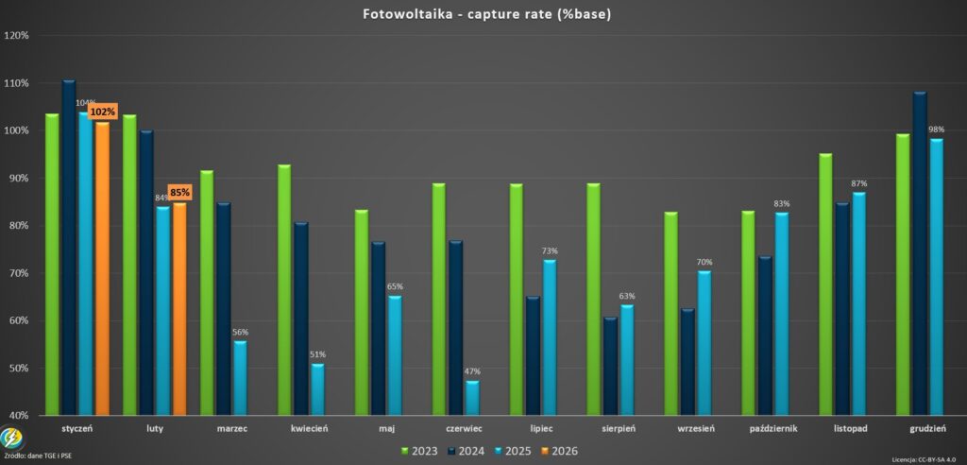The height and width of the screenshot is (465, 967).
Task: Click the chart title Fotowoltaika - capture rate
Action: click(x=483, y=14)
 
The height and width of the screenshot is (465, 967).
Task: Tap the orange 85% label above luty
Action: click(x=179, y=192)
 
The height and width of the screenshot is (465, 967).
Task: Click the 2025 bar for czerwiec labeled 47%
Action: click(x=471, y=398)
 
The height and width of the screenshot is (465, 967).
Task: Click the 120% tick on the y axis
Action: click(x=18, y=36)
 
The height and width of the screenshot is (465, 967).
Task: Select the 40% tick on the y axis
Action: click(x=18, y=415)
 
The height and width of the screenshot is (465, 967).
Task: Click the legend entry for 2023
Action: click(x=418, y=451)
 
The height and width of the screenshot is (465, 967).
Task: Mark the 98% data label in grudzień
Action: click(x=936, y=129)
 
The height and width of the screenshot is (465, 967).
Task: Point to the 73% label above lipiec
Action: click(x=550, y=250)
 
